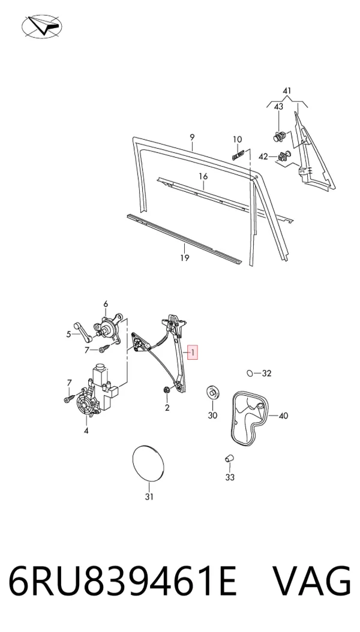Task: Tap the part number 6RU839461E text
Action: click(122, 582)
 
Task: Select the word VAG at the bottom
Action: click(311, 582)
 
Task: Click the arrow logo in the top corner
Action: click(41, 26)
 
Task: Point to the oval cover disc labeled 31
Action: click(148, 463)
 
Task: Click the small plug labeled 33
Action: click(229, 458)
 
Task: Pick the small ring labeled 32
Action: click(250, 373)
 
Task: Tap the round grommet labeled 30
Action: click(212, 392)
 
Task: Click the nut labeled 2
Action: click(166, 390)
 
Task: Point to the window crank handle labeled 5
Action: click(83, 332)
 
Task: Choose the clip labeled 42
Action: click(285, 155)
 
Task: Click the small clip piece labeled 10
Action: click(238, 154)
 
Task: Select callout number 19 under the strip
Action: click(185, 258)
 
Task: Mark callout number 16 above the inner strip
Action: click(203, 176)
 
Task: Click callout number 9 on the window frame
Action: click(192, 137)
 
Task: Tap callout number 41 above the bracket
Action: click(287, 91)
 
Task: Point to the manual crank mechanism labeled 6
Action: click(107, 329)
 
